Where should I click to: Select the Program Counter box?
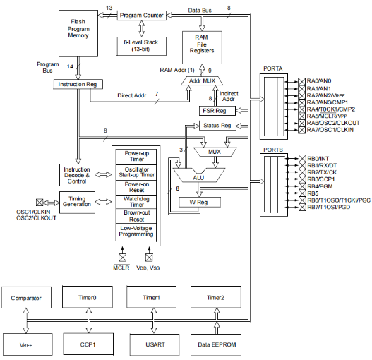click(141, 15)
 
